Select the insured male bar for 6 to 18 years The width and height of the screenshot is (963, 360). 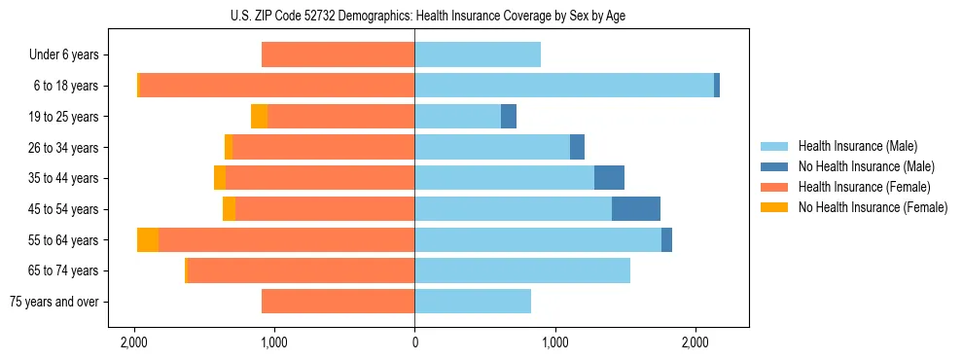tap(564, 86)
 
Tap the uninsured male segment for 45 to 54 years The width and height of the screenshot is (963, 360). tap(636, 209)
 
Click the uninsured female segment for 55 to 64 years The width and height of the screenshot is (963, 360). tap(148, 240)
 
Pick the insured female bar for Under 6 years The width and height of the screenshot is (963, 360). tap(338, 54)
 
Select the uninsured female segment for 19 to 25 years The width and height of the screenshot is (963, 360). tap(259, 117)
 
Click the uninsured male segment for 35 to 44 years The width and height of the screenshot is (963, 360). tap(609, 178)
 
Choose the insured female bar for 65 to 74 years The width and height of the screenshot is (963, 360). tap(301, 270)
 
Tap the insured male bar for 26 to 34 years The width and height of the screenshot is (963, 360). tap(492, 147)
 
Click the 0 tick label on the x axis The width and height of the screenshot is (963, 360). tap(414, 342)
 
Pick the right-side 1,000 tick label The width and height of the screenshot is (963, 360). tap(554, 342)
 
